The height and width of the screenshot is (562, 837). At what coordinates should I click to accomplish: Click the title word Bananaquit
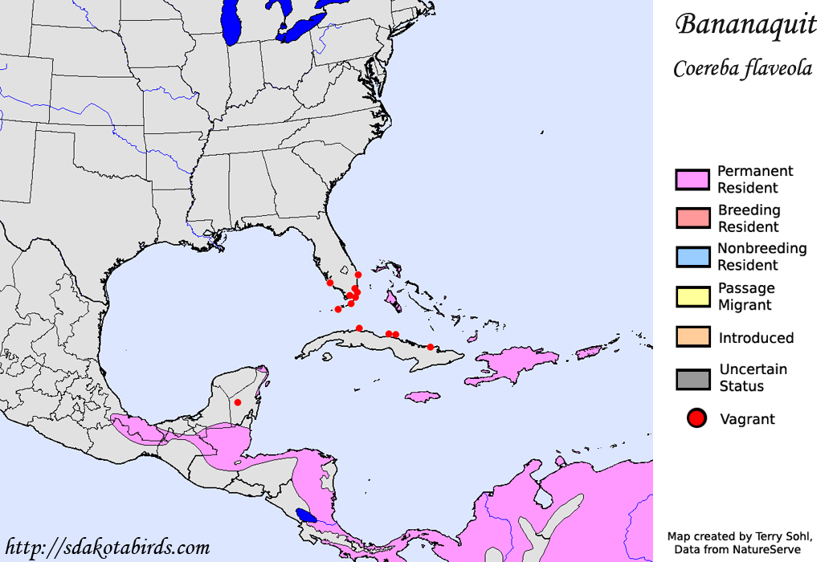(746, 25)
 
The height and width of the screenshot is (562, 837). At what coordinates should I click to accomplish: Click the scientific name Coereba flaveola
(742, 69)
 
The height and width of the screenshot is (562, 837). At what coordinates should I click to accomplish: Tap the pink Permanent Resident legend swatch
(692, 180)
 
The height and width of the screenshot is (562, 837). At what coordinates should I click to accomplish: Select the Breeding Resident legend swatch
(692, 218)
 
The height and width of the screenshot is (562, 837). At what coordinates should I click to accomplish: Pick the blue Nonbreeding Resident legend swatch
(692, 257)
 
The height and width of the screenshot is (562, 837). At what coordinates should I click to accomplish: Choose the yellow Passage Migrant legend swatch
(692, 296)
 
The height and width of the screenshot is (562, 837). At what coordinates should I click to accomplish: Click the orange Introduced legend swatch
(692, 337)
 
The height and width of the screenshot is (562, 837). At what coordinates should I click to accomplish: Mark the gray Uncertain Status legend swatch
(692, 378)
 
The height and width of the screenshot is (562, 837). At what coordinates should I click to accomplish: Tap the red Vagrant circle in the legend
(696, 418)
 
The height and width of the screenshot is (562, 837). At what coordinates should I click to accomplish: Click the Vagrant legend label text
(747, 419)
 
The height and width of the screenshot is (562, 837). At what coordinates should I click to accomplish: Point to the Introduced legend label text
(756, 338)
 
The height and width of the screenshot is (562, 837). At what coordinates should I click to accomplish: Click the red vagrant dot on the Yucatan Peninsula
(238, 402)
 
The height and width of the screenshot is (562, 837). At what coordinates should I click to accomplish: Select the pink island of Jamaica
(426, 397)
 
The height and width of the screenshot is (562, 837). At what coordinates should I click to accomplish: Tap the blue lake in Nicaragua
(306, 515)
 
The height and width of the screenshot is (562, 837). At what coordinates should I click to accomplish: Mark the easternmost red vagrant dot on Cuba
(431, 347)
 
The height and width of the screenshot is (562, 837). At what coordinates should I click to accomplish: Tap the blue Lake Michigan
(232, 24)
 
